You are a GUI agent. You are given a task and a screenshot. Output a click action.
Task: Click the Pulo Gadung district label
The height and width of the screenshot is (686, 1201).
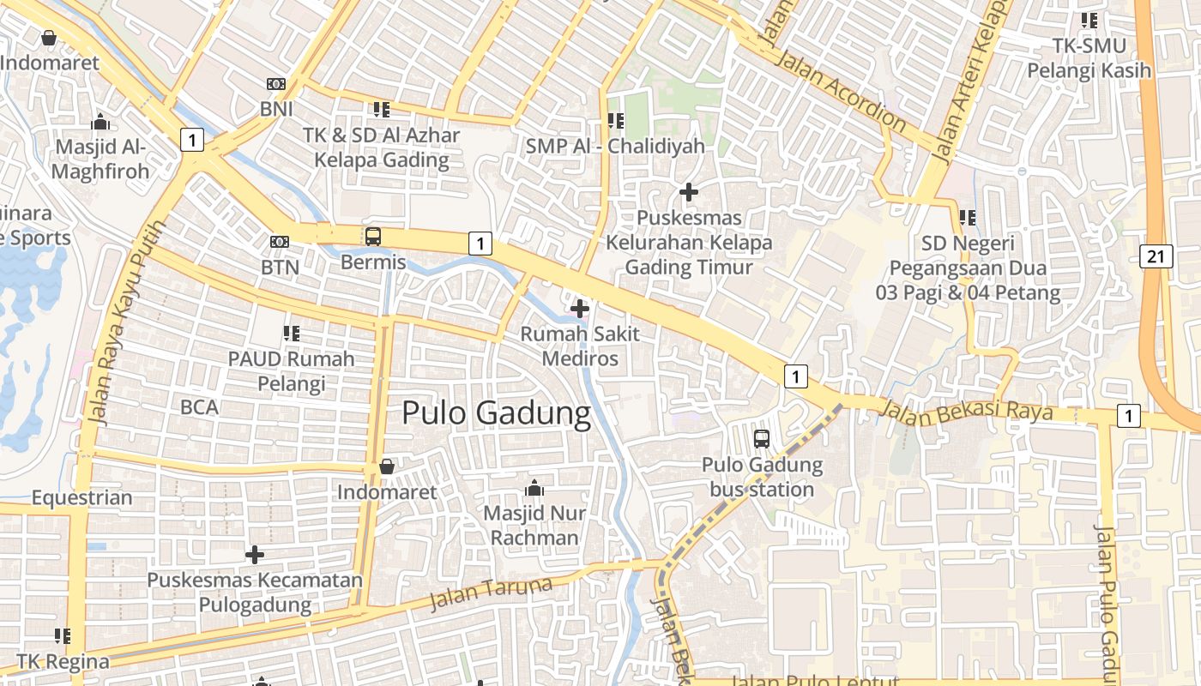click(x=496, y=413)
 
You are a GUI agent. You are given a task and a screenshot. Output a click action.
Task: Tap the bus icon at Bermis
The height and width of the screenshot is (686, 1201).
click(x=373, y=237)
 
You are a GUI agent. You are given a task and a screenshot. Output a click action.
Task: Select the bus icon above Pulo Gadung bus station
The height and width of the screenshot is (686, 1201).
click(x=762, y=439)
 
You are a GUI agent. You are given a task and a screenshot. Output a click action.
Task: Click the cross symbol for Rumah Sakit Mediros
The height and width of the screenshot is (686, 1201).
click(x=580, y=308)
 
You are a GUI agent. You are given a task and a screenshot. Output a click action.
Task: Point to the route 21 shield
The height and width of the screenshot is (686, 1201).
click(x=1156, y=256)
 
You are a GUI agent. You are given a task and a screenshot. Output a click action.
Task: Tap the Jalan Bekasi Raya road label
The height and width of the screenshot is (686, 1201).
click(x=966, y=410)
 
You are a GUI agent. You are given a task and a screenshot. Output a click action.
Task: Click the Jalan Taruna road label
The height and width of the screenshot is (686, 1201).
click(x=490, y=593)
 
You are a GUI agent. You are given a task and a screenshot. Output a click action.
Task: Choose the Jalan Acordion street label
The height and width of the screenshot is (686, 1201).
click(x=839, y=90)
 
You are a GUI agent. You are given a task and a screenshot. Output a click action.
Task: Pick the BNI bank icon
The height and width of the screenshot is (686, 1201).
click(x=276, y=84)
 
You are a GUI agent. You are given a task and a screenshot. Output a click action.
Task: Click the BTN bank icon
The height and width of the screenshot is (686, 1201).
click(x=280, y=242)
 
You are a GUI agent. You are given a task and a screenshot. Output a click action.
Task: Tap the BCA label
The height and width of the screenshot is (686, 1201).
click(x=199, y=407)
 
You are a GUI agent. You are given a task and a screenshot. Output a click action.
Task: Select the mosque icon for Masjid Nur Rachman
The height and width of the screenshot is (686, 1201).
click(x=534, y=489)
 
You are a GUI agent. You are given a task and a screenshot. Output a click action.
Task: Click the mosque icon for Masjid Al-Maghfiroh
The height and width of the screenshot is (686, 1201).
click(x=100, y=122)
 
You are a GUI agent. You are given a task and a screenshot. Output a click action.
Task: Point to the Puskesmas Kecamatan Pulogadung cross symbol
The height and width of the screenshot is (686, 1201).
click(x=255, y=555)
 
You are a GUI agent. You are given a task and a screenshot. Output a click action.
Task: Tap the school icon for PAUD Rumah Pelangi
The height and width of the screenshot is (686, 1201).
click(x=291, y=333)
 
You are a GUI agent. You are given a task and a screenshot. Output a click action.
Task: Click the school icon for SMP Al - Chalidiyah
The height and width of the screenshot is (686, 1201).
click(x=615, y=121)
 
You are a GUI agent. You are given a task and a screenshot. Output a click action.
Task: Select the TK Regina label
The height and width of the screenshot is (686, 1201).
click(x=63, y=662)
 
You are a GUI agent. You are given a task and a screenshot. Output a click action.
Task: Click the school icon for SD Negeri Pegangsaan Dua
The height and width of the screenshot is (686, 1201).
click(x=968, y=218)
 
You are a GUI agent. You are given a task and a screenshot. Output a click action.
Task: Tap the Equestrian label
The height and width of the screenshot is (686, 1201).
click(x=82, y=497)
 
